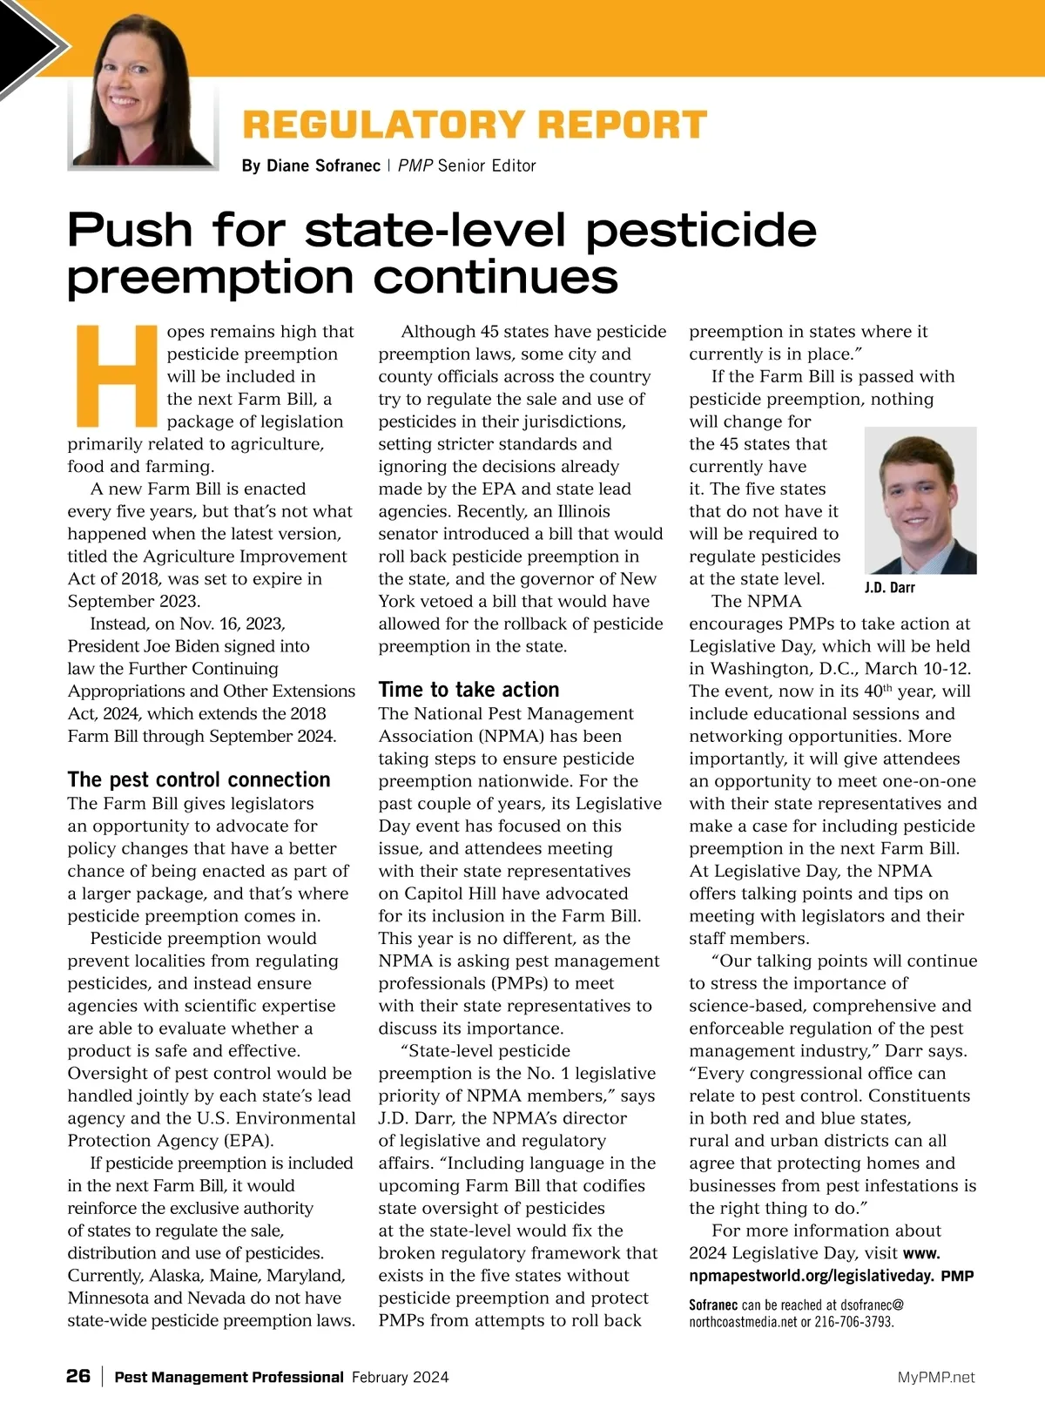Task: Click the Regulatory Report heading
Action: pos(475,125)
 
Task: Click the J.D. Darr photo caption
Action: pos(889,588)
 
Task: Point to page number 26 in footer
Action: pos(78,1376)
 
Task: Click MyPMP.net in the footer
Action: pos(936,1377)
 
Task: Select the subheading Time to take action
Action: pos(469,690)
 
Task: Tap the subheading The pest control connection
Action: pos(199,779)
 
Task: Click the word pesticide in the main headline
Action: pos(701,230)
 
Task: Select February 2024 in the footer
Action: pos(401,1377)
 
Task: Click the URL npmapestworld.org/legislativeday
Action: pos(812,1277)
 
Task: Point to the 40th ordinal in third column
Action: pos(874,691)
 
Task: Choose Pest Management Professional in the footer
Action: pos(229,1377)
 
